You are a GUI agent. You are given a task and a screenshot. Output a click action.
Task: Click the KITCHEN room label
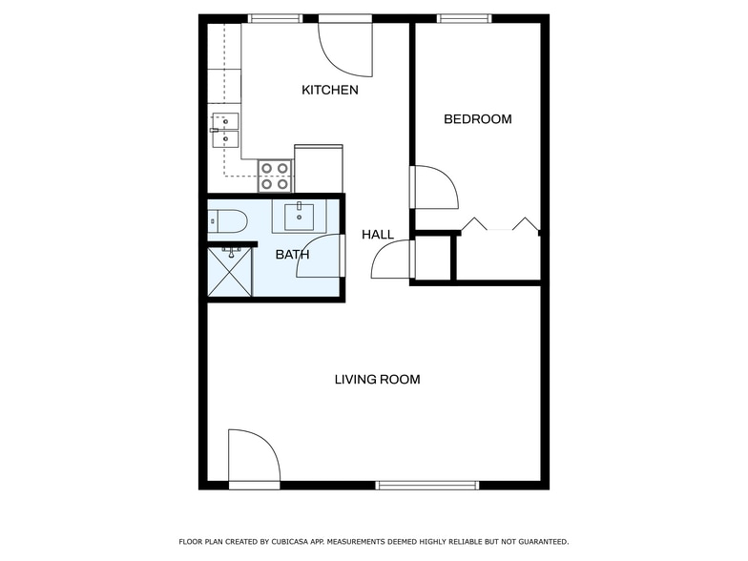(x=330, y=90)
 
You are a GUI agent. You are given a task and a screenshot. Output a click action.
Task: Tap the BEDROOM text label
(x=478, y=119)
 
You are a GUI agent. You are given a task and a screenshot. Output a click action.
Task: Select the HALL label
(x=377, y=234)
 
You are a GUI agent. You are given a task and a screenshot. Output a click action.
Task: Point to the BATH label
(x=292, y=255)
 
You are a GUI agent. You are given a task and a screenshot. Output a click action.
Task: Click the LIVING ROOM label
(x=377, y=379)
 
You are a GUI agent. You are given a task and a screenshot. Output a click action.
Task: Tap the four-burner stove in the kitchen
(x=275, y=176)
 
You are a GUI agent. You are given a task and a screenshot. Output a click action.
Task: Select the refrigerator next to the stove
(x=318, y=168)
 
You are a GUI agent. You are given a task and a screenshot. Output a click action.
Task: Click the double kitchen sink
(x=225, y=132)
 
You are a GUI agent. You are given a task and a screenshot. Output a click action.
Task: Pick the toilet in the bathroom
(x=227, y=222)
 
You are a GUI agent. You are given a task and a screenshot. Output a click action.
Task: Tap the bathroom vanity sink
(x=299, y=215)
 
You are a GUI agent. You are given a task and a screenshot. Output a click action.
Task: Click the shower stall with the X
(x=230, y=272)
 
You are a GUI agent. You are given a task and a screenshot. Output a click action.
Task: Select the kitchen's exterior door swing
(x=345, y=49)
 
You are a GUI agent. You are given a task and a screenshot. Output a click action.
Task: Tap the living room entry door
(x=253, y=457)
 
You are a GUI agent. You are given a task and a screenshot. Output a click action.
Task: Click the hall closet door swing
(x=391, y=258)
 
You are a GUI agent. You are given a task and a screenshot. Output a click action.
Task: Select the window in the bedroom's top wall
(x=464, y=18)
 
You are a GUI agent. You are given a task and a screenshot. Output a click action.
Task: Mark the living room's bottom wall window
(x=426, y=485)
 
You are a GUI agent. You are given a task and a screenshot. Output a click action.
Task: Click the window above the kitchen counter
(x=275, y=18)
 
